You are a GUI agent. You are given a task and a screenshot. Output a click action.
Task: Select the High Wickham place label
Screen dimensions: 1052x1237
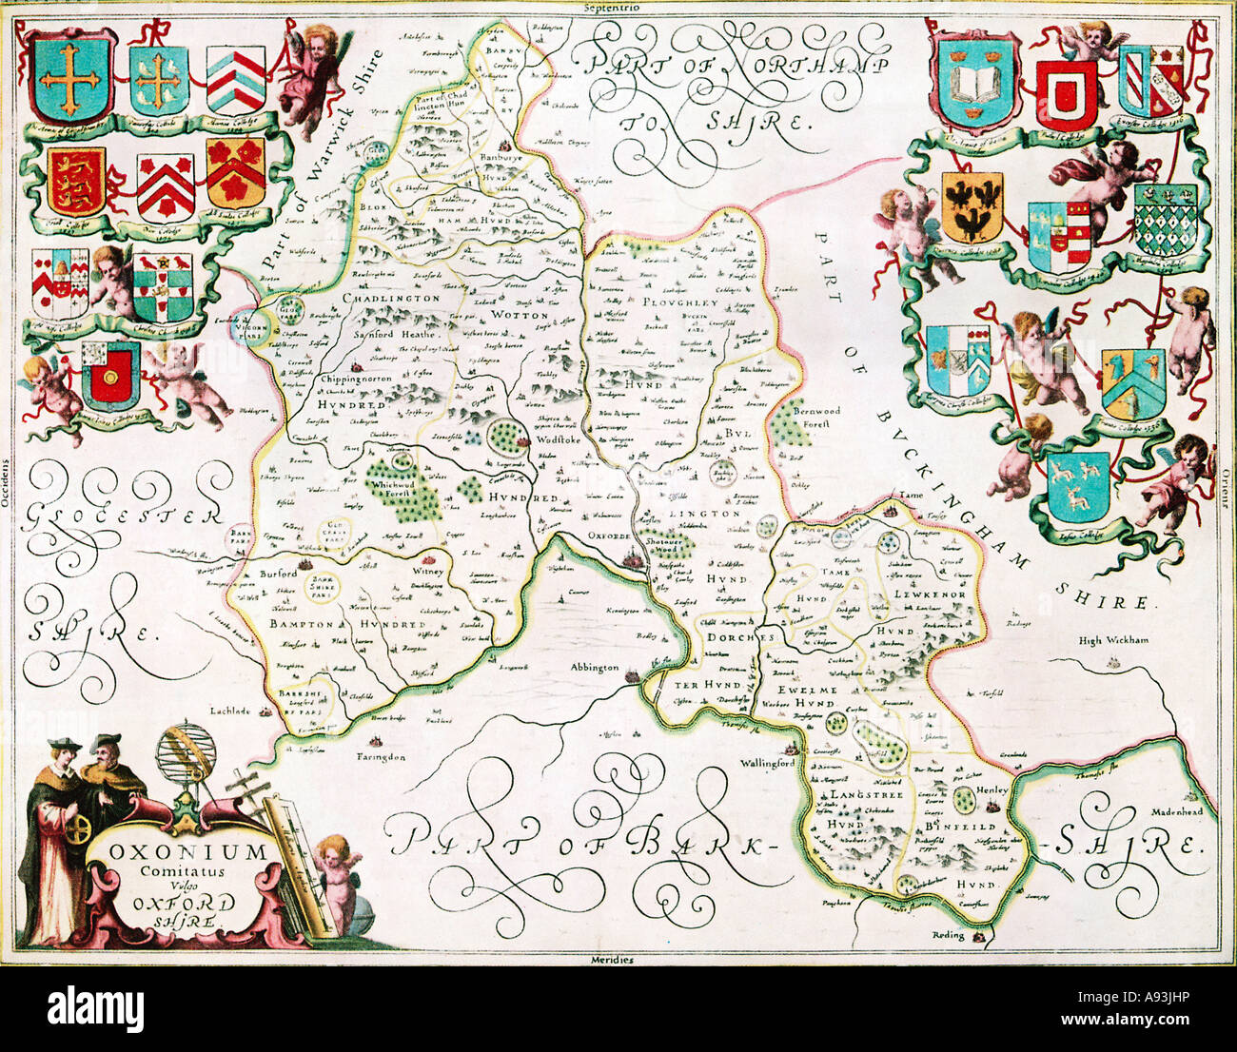[x=1114, y=640]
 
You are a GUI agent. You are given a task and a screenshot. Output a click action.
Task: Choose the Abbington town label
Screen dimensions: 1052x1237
[x=595, y=669]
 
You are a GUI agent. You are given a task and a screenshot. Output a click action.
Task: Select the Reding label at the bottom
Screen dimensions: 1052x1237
[x=949, y=935]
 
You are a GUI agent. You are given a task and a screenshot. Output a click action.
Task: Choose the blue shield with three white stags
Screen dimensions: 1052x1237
[x=1078, y=486]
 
